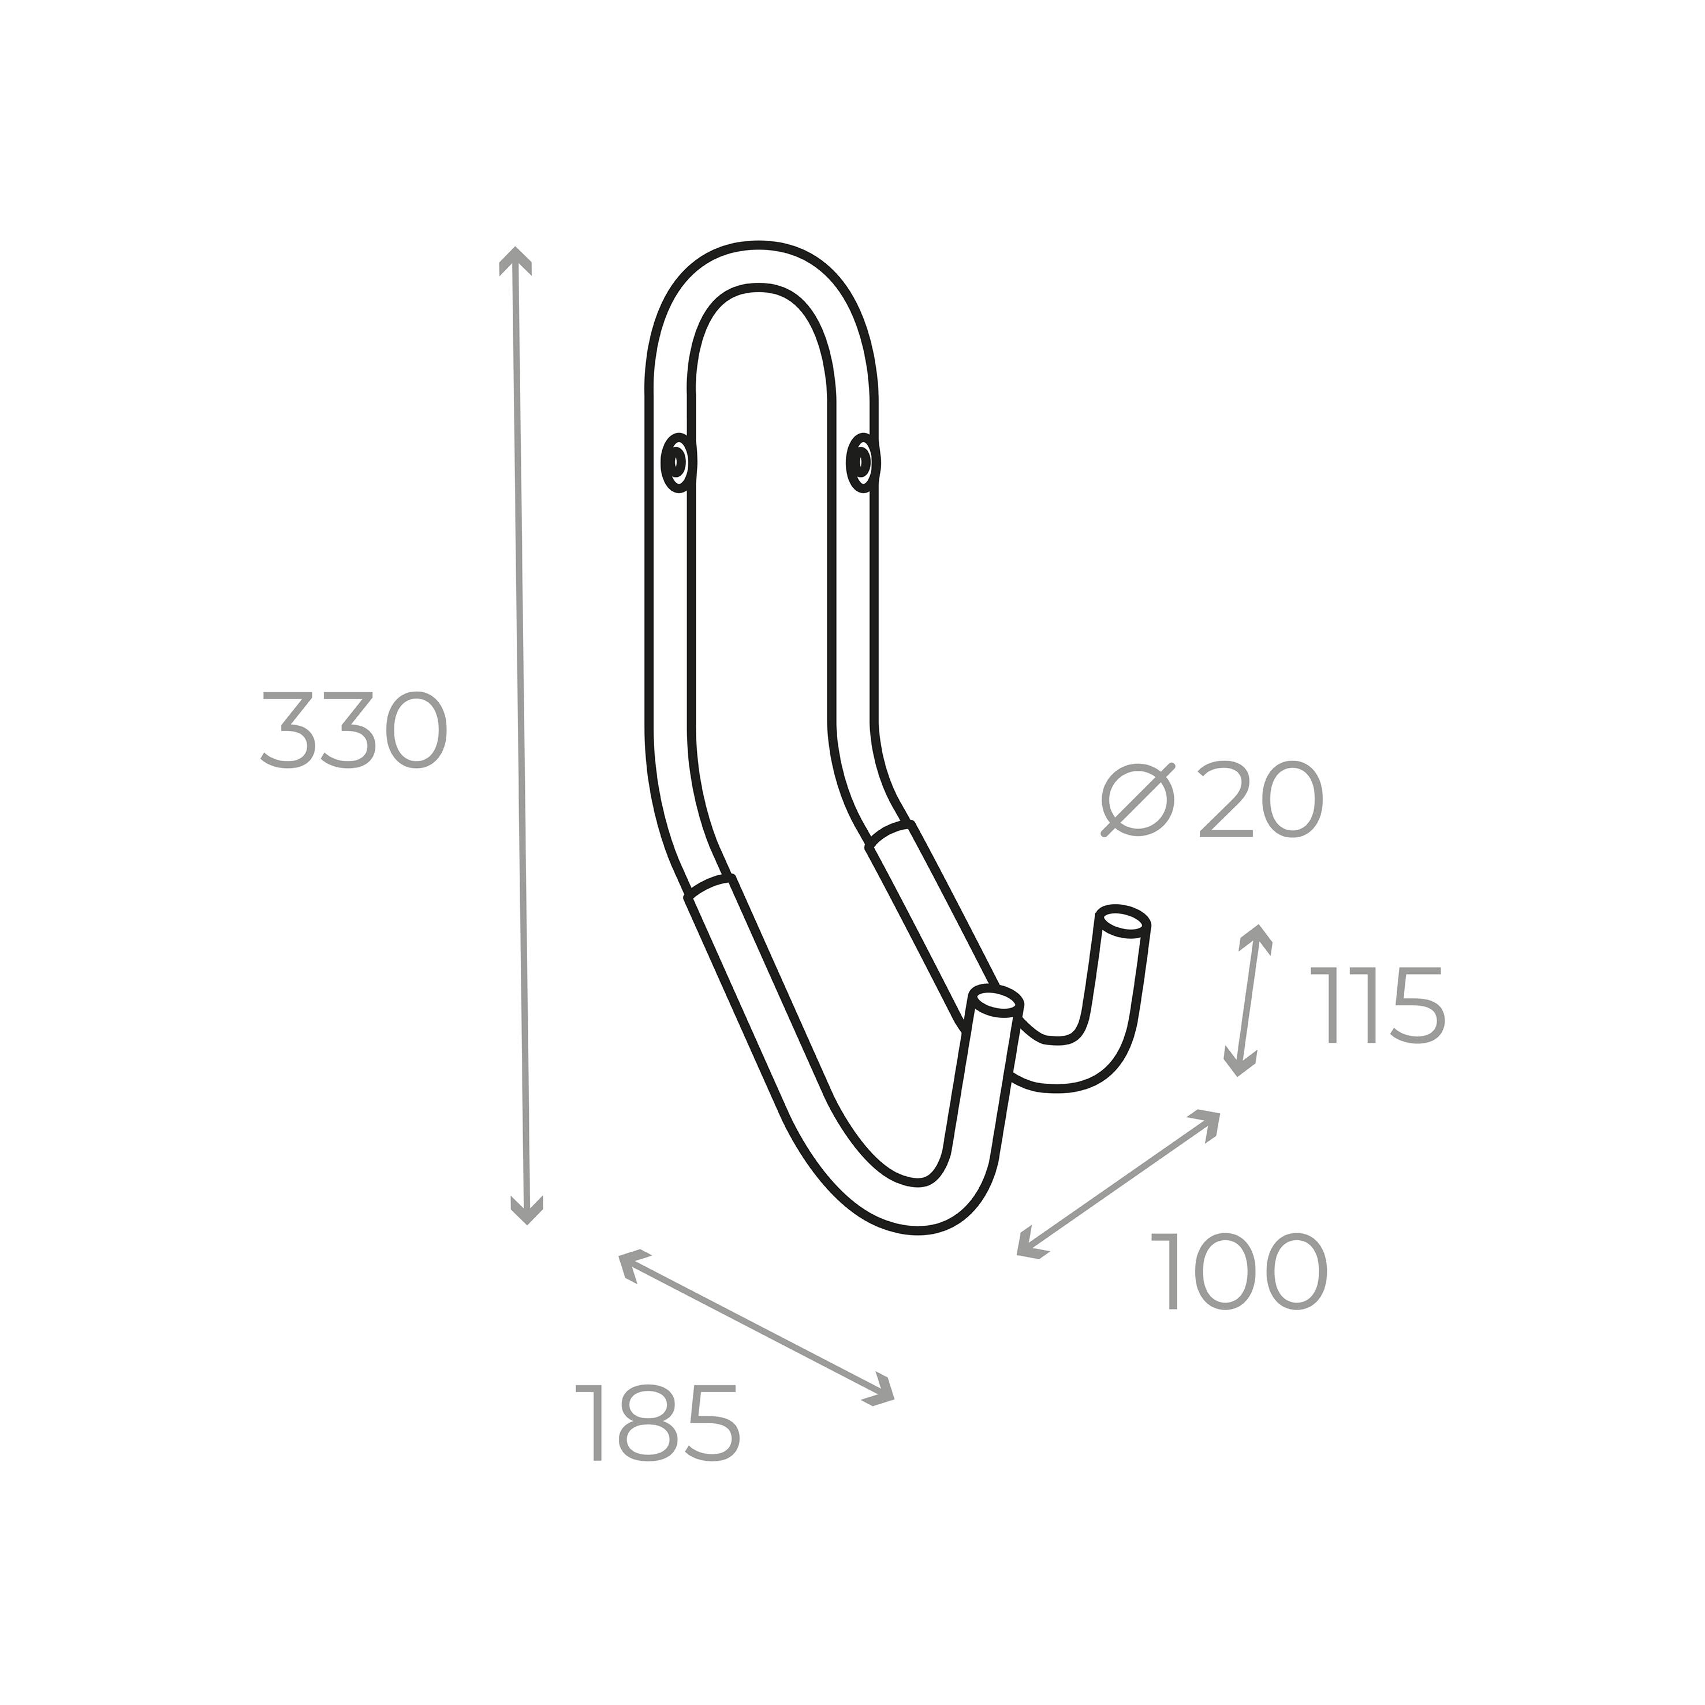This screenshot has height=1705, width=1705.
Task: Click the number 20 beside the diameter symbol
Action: pyautogui.click(x=1260, y=800)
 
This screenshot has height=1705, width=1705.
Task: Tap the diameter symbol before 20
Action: pyautogui.click(x=1139, y=800)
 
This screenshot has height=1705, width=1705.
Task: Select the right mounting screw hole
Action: pyautogui.click(x=861, y=461)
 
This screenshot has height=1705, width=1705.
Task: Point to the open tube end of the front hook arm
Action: pyautogui.click(x=995, y=1002)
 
